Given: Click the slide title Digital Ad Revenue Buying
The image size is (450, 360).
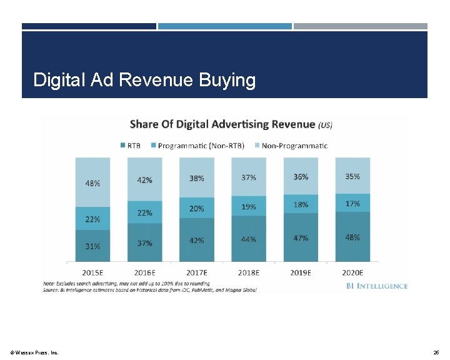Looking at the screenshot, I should pos(144,80).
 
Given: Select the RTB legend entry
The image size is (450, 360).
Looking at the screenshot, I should pos(130,146).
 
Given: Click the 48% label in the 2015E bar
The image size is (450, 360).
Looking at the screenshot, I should pos(92,184).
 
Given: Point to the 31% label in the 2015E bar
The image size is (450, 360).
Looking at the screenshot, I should pos(92,246).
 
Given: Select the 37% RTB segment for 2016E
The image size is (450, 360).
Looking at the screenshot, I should pos(144,243).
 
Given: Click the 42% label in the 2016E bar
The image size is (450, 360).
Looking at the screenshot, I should pos(144,180).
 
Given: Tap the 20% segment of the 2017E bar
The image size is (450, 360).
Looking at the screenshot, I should pos(196,209).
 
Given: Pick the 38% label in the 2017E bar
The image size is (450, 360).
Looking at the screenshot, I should pos(196,177).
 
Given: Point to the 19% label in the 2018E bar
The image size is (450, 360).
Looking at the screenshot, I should pos(248,207).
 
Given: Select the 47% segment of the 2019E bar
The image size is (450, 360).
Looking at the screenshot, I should pos(301,238).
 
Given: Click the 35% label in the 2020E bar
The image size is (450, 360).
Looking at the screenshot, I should pos(352,176).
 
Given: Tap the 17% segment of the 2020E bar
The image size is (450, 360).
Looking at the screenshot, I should pos(352,203).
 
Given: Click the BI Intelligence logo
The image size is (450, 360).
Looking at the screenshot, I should pos(376,286).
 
